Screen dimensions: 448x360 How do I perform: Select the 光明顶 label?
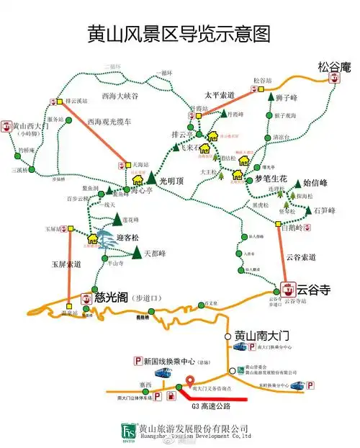click(172, 180)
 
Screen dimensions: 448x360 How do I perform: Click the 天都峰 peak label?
click(155, 254)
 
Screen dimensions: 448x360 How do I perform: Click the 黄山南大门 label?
click(262, 336)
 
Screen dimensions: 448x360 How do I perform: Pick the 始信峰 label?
click(315, 183)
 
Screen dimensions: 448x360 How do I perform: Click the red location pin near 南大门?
click(190, 382)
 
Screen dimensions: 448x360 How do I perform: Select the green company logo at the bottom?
click(129, 431)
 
